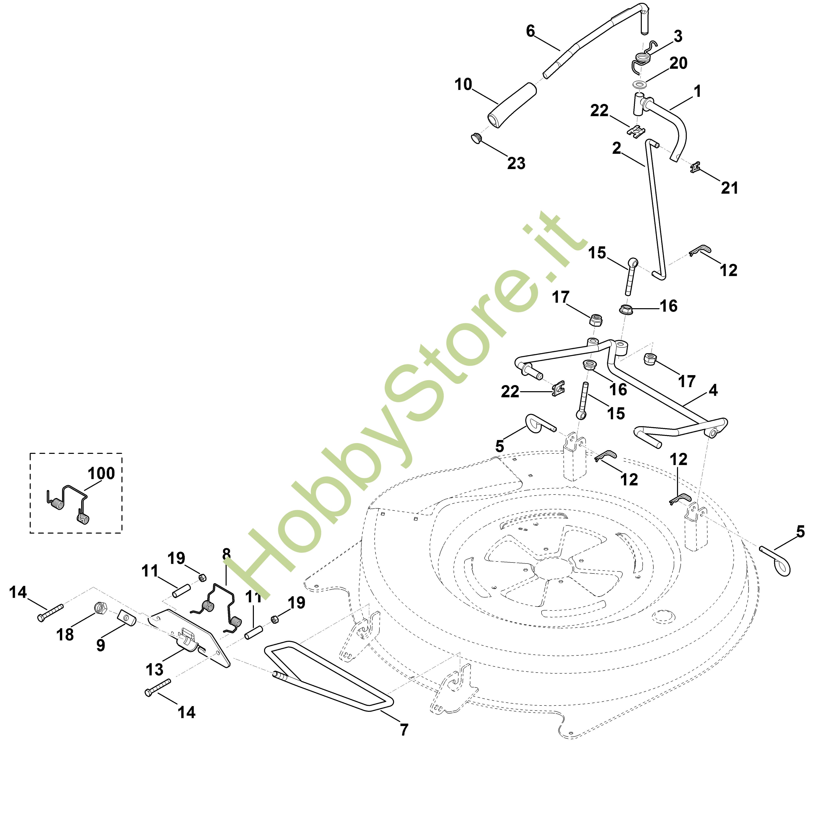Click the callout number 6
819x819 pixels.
[x=530, y=31]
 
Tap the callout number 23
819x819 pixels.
[x=516, y=163]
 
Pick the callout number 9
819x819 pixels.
[x=100, y=645]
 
